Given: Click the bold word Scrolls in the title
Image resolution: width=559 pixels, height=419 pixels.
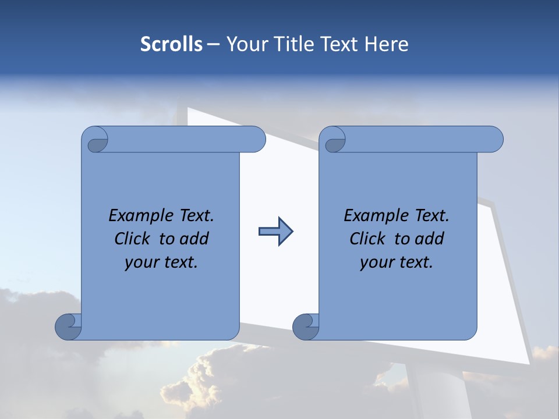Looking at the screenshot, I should click(171, 44).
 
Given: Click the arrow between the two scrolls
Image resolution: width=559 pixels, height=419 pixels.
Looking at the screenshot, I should click(275, 232).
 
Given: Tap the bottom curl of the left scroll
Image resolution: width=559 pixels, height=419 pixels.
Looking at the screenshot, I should click(68, 326).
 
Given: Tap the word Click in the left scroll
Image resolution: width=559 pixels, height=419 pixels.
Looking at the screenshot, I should click(132, 239).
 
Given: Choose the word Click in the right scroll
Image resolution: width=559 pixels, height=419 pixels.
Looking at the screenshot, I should click(367, 239).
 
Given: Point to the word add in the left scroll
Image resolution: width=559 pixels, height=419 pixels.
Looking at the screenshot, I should click(194, 239).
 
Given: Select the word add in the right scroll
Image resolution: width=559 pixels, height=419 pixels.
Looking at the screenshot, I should click(430, 239).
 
